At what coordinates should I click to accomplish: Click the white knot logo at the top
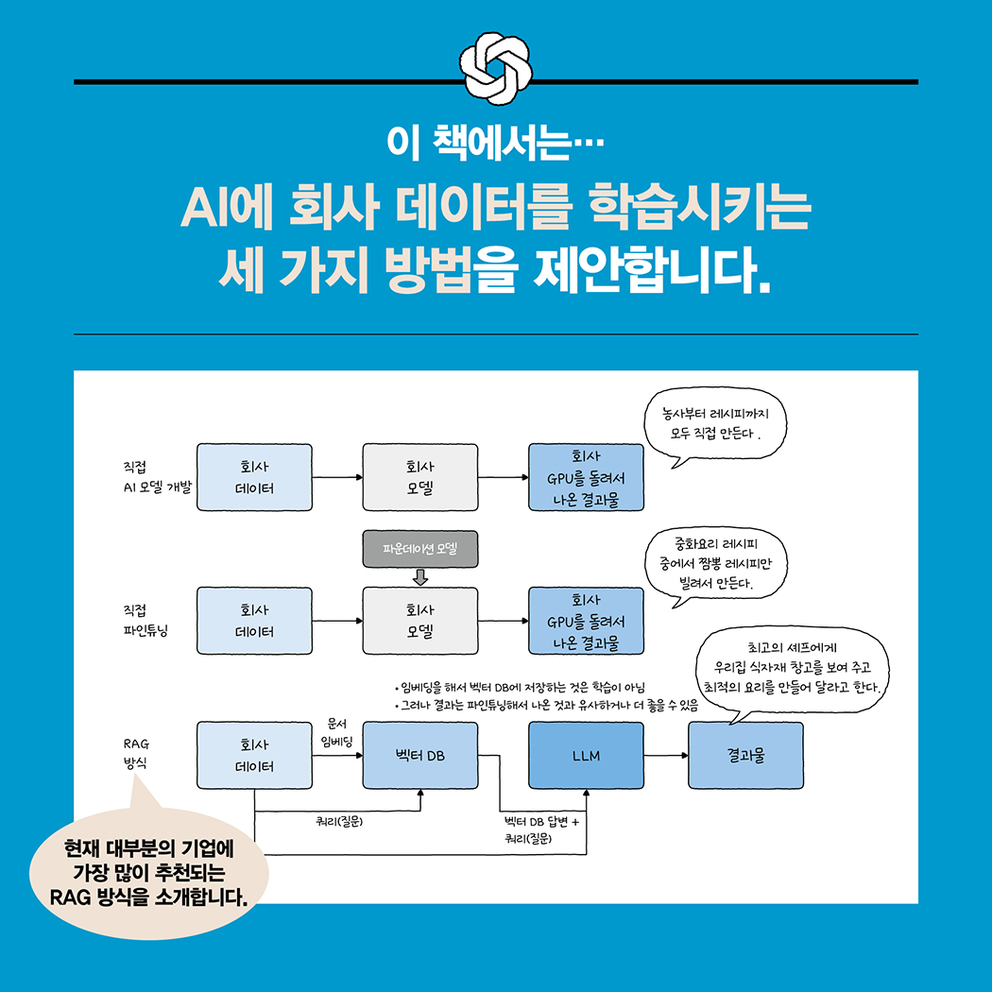click(x=496, y=68)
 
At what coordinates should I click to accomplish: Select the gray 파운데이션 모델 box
click(x=420, y=549)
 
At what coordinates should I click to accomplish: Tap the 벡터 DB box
click(x=420, y=756)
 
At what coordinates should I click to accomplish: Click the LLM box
click(x=586, y=756)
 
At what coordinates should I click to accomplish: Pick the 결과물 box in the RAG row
click(x=746, y=756)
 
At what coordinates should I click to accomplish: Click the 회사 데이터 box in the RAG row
click(x=254, y=756)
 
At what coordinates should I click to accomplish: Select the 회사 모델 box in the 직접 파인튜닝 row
click(x=420, y=621)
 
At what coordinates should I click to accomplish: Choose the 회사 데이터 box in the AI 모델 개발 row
click(x=254, y=477)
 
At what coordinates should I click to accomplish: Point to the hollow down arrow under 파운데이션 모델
click(x=420, y=577)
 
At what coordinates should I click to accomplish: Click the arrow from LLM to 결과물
click(x=666, y=756)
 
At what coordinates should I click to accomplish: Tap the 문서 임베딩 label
click(x=336, y=732)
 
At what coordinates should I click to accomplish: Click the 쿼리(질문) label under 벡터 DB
click(x=339, y=821)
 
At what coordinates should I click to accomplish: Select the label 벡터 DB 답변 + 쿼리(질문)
click(x=541, y=830)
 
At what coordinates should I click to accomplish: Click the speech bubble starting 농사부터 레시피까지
click(x=715, y=425)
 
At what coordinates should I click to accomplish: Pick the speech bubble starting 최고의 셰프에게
click(x=792, y=671)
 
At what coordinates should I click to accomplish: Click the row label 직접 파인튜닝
click(x=145, y=621)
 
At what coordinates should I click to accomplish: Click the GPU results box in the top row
click(x=586, y=477)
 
